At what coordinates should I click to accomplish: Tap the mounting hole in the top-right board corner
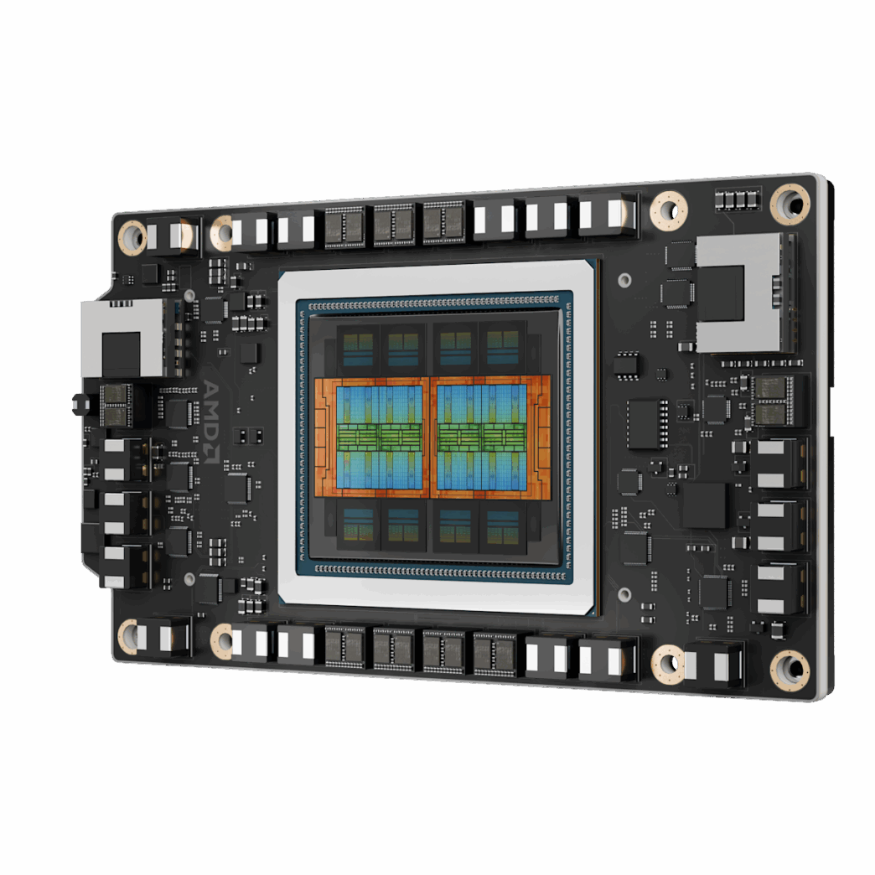[x=790, y=203]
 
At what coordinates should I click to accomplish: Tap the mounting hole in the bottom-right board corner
[x=790, y=669]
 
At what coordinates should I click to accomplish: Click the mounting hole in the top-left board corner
[x=132, y=237]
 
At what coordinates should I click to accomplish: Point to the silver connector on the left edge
[x=122, y=338]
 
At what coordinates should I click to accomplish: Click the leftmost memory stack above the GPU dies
[x=357, y=346]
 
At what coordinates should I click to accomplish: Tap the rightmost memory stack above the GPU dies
[x=503, y=346]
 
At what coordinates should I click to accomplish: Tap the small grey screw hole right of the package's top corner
[x=624, y=279]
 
